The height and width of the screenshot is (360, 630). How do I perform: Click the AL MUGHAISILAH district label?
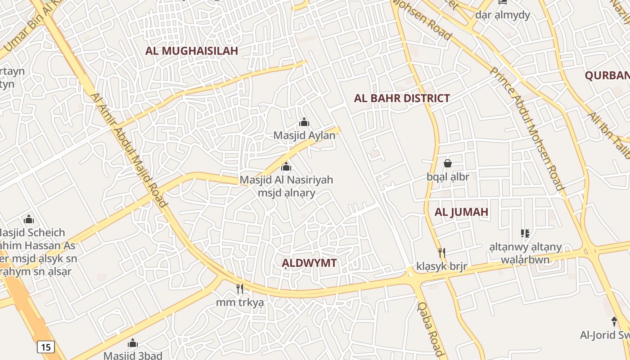pos(191,51)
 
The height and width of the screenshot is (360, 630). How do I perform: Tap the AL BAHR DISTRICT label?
pos(402,98)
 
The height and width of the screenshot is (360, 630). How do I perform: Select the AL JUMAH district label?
pos(461,212)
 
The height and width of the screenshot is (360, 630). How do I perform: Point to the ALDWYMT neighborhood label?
pos(309,263)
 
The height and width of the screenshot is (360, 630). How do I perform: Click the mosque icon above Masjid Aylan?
pos(304,122)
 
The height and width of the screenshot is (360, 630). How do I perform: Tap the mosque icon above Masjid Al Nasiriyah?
pos(286,167)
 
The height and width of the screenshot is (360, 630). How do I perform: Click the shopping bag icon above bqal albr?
pos(447,163)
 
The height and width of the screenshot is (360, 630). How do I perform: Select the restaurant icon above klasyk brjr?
pos(442,253)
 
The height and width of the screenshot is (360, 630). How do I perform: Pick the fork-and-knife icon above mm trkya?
pos(240,288)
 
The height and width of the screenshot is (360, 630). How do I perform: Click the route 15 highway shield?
pos(45,347)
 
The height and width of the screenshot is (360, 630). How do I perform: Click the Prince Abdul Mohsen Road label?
pos(526,129)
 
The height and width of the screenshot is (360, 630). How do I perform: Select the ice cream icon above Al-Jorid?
pos(614,321)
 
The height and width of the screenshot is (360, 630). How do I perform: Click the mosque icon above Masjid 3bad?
pos(133,343)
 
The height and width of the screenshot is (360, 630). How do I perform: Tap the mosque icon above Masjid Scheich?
pos(29,220)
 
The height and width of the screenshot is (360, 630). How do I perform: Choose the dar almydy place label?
pos(503,15)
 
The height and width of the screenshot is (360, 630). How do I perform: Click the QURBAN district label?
pos(607,75)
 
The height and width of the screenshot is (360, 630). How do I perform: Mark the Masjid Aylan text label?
pos(305,135)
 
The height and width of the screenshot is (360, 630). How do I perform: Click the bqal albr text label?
pos(448,177)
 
